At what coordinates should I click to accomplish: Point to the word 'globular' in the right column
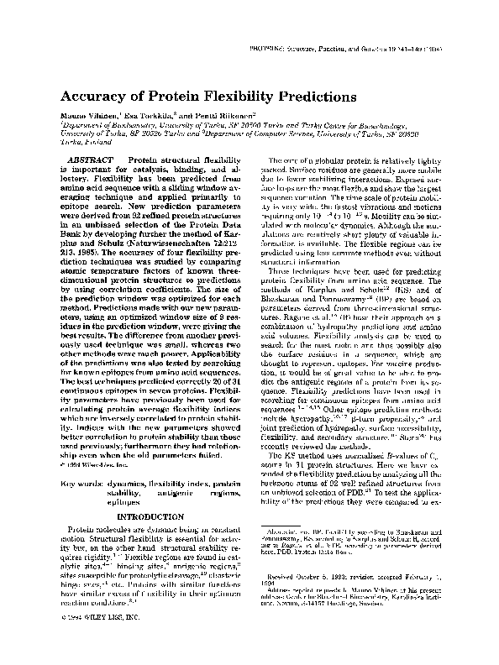[x=330, y=160]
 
